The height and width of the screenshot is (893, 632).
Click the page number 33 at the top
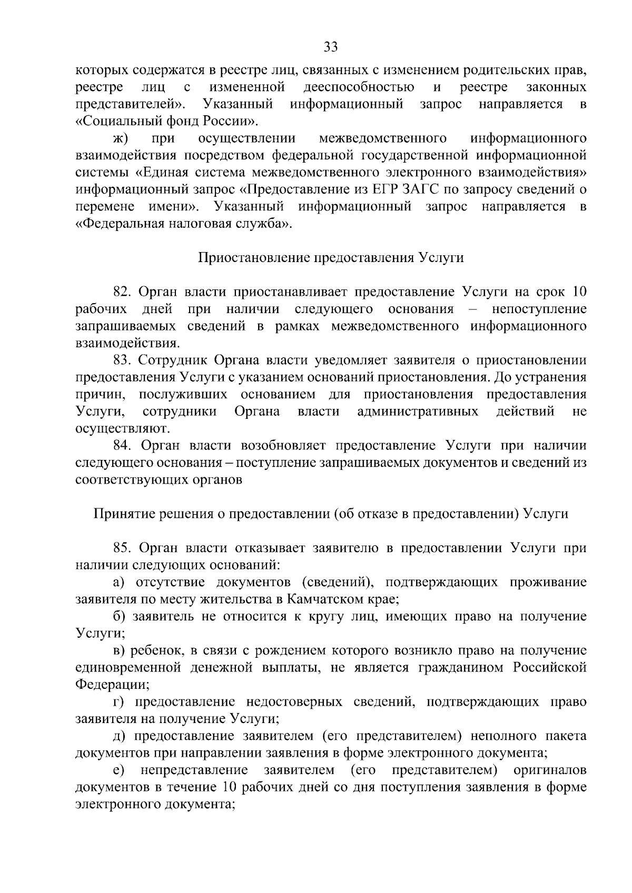click(x=330, y=47)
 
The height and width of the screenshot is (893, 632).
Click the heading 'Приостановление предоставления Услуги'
click(x=330, y=258)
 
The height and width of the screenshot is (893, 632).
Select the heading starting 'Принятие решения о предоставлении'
click(x=330, y=514)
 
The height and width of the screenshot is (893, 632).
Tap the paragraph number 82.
click(x=124, y=292)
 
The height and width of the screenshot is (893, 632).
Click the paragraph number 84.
click(x=124, y=445)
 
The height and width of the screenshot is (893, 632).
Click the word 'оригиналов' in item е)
click(x=549, y=770)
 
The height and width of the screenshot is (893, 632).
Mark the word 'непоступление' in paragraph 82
click(x=539, y=309)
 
